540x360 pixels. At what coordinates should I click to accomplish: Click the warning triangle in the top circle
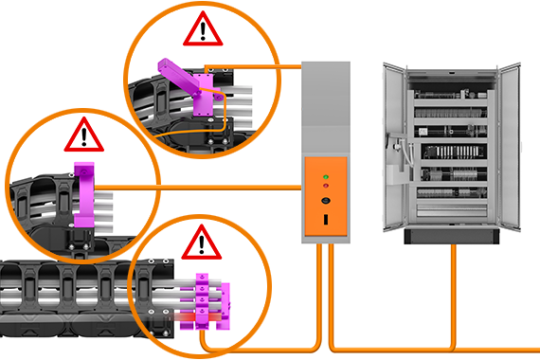click(200, 32)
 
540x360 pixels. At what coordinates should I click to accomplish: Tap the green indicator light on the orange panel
click(326, 177)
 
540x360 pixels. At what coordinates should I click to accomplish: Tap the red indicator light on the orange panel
click(326, 189)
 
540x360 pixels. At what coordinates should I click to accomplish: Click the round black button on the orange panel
click(326, 201)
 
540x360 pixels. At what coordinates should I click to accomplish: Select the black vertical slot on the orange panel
click(326, 219)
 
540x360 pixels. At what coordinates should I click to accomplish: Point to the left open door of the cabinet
click(395, 147)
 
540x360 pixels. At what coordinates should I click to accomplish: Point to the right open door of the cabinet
click(510, 147)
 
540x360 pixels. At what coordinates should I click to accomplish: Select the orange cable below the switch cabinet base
click(454, 294)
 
